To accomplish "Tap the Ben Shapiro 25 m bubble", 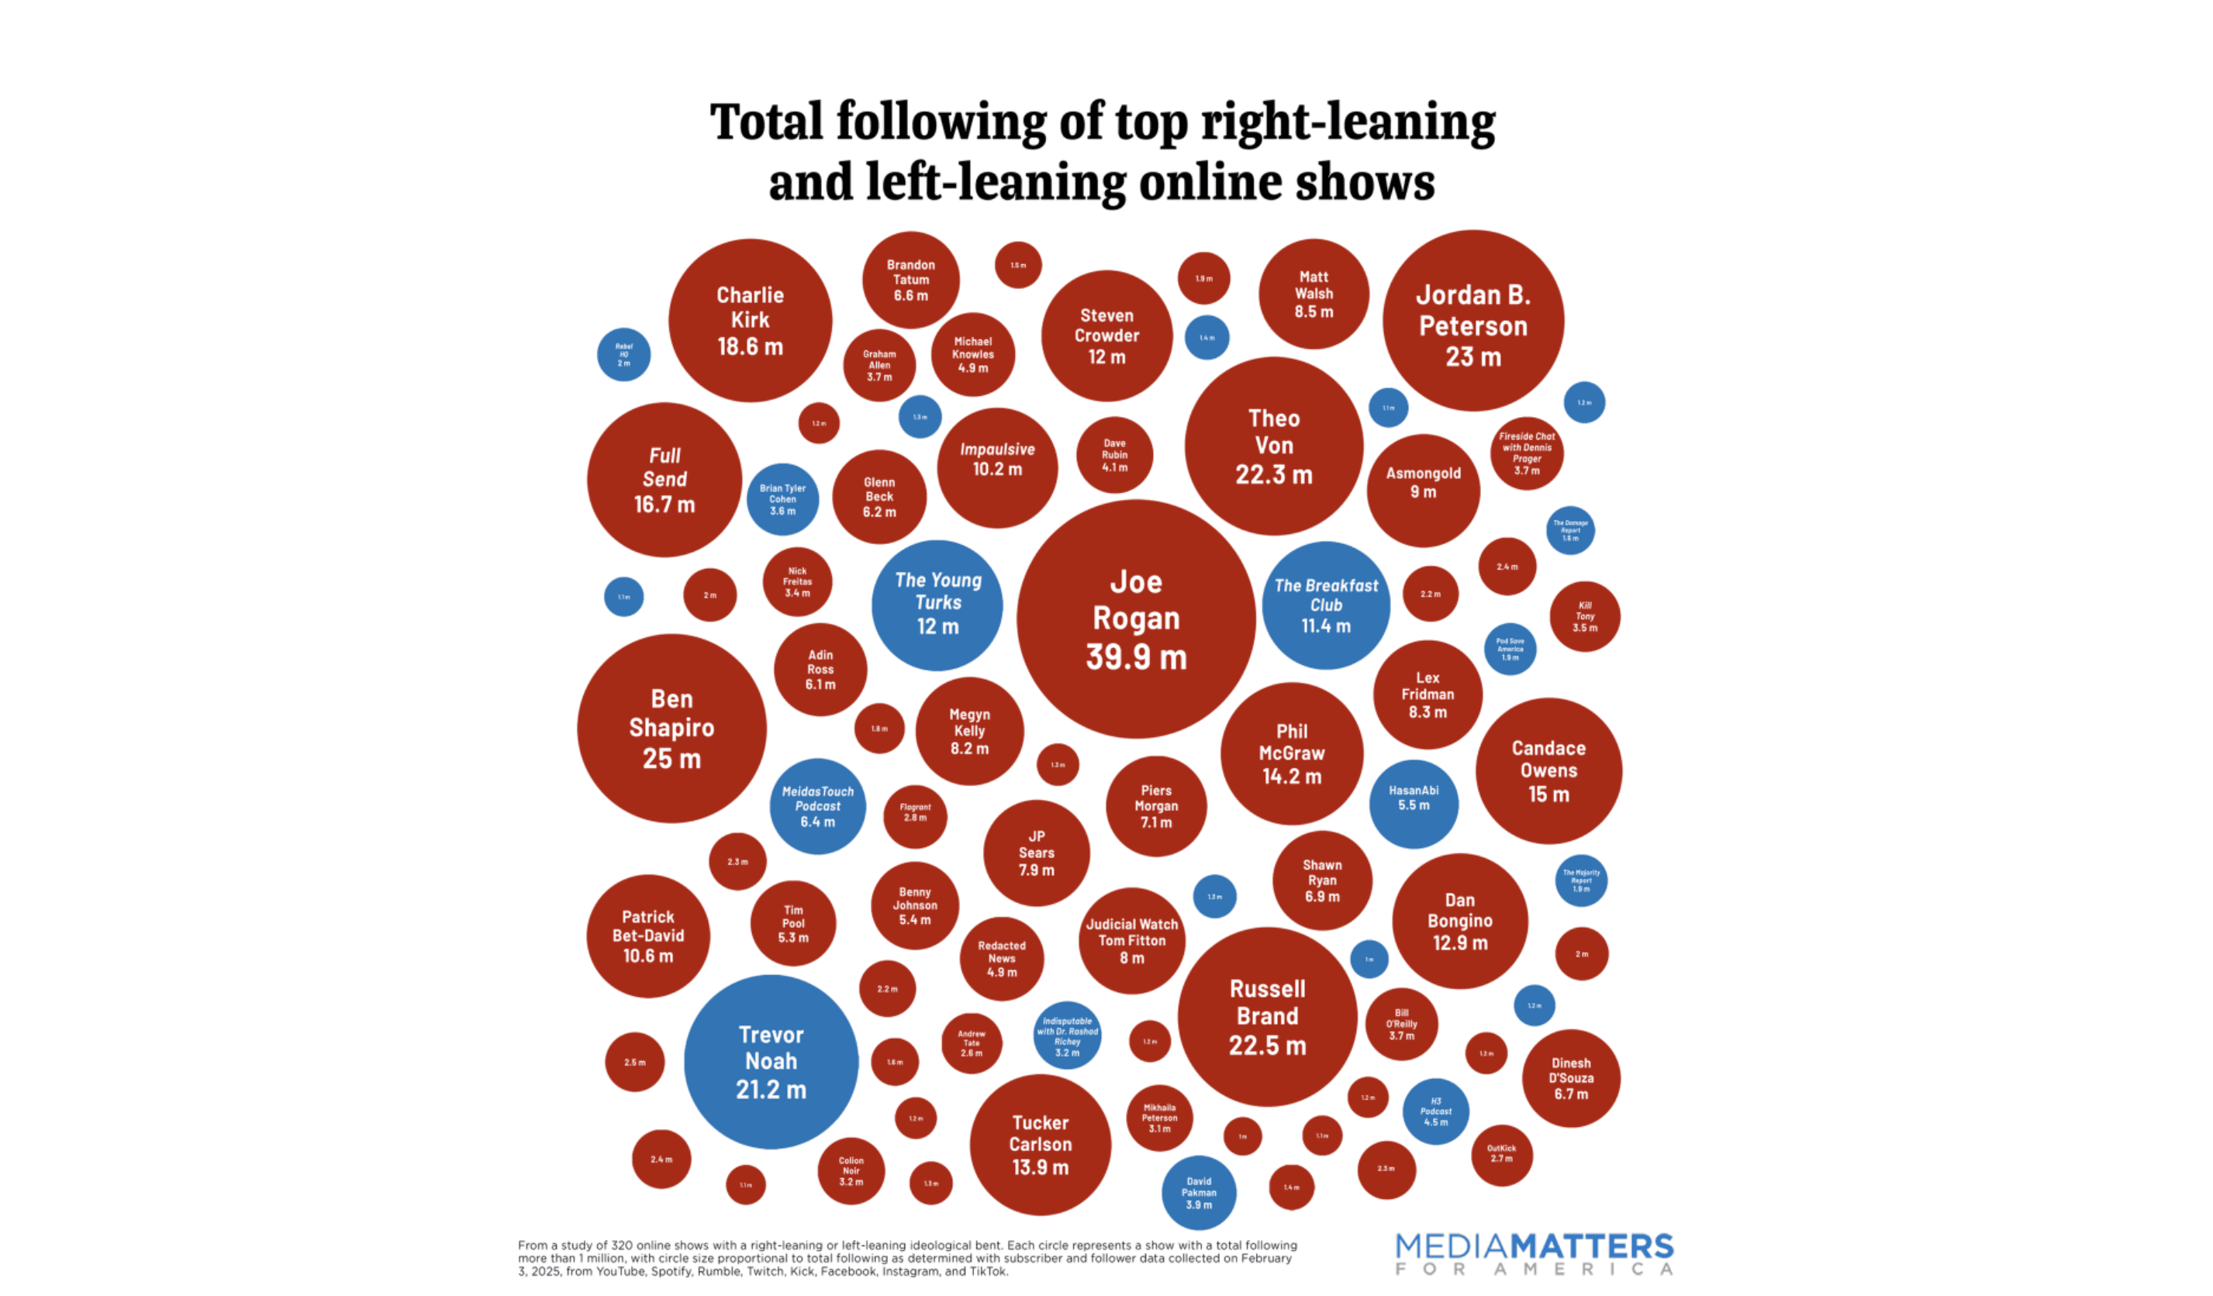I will pyautogui.click(x=671, y=728).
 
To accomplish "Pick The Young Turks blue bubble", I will pyautogui.click(x=937, y=604).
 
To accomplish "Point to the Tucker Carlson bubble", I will pyautogui.click(x=1040, y=1144).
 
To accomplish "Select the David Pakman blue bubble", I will pyautogui.click(x=1198, y=1192).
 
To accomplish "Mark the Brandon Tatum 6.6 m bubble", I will pyautogui.click(x=910, y=280).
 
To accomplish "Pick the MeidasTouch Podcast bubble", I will pyautogui.click(x=816, y=806).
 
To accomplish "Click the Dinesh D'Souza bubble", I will pyautogui.click(x=1570, y=1077).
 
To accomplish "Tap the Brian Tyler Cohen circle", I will pyautogui.click(x=782, y=498).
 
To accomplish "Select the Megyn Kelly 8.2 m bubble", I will pyautogui.click(x=968, y=730).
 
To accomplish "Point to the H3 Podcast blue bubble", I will pyautogui.click(x=1435, y=1111).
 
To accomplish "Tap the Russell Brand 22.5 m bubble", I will pyautogui.click(x=1266, y=1016).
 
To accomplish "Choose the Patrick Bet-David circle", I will pyautogui.click(x=647, y=936).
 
